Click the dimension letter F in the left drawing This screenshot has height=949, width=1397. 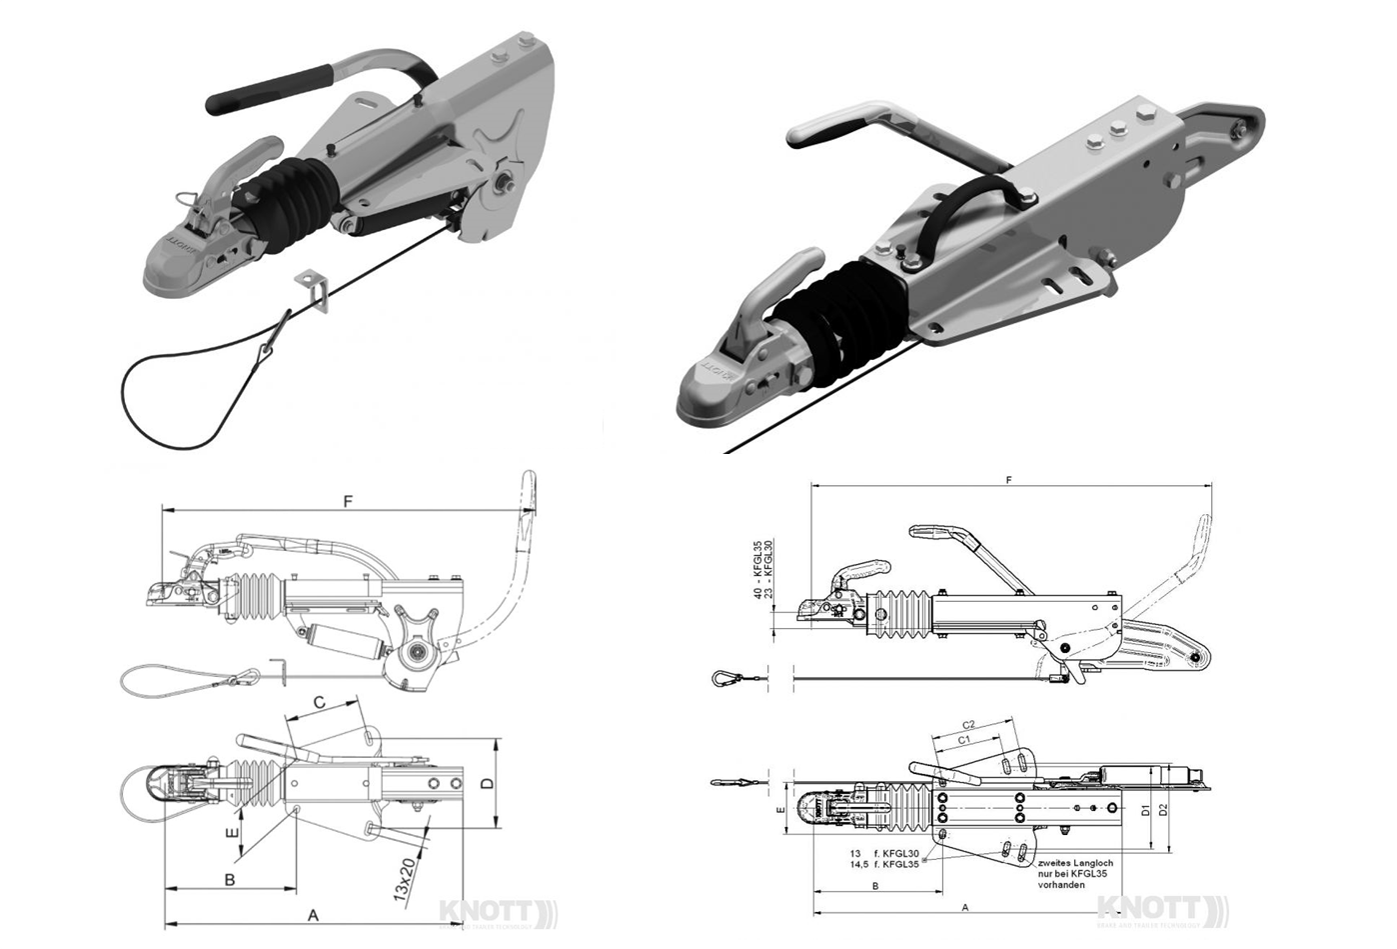coord(348,501)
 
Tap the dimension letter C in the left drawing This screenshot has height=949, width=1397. coord(319,702)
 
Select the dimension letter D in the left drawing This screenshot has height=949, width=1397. coord(487,785)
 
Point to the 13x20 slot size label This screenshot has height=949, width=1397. coord(406,879)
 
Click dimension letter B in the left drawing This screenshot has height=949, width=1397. coord(229,880)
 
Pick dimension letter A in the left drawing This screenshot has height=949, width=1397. coord(313,915)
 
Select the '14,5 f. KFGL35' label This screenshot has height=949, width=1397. coord(883,864)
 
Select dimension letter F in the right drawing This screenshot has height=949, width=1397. coord(1010,481)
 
